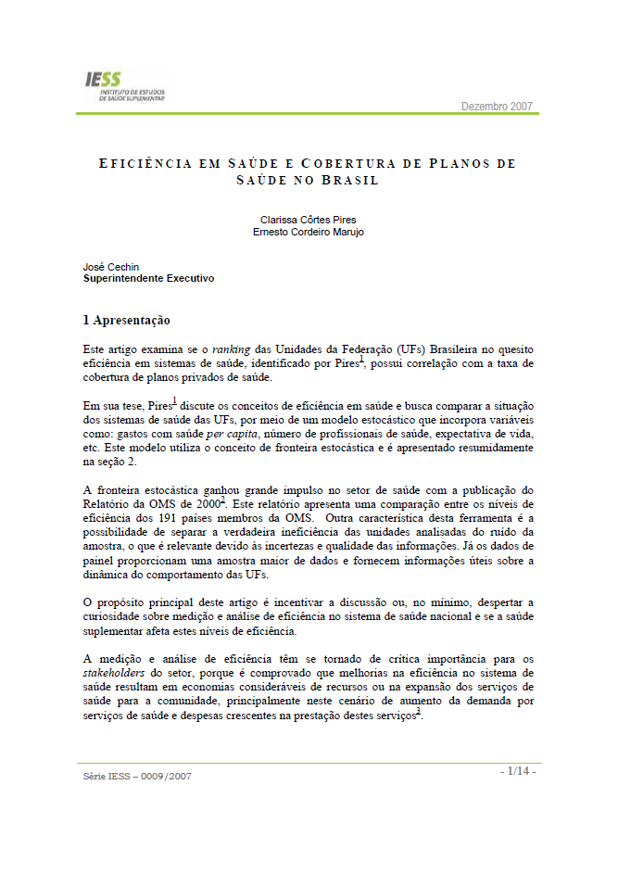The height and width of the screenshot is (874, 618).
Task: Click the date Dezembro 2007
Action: (497, 106)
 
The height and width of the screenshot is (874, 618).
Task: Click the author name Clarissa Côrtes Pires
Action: (308, 221)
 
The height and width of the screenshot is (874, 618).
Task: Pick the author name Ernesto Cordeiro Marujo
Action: (308, 232)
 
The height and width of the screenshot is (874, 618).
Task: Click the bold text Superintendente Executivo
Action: (148, 277)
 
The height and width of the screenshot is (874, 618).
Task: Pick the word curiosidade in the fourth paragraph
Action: (116, 615)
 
